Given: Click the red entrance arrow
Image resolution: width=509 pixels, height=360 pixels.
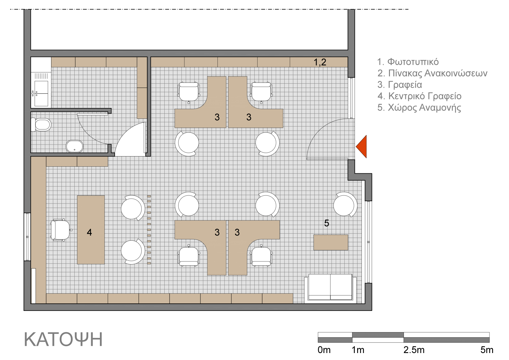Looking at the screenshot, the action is (x=362, y=147).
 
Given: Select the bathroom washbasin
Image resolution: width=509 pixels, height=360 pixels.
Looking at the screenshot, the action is (x=75, y=146).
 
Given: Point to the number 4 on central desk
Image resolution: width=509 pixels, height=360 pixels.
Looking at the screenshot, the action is (x=89, y=232).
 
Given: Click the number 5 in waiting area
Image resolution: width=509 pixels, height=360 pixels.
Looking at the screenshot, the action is (x=327, y=223).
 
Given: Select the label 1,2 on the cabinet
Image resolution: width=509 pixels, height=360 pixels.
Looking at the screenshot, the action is (x=320, y=62).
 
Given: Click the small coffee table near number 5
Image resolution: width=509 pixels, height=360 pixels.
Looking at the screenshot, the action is (x=331, y=242).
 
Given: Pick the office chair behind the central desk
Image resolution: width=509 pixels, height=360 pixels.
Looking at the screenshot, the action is (x=60, y=230).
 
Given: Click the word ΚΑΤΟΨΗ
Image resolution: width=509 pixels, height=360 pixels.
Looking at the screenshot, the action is (x=63, y=339).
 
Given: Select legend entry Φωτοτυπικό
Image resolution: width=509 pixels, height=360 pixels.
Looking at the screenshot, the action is (x=408, y=62).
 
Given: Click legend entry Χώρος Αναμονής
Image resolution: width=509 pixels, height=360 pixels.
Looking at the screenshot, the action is (x=419, y=108).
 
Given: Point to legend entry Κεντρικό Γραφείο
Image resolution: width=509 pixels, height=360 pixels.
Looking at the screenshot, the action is (x=419, y=96).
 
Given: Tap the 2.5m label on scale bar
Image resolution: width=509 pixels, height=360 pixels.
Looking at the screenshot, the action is (x=414, y=350).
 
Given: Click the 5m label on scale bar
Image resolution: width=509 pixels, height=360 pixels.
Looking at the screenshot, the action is (x=487, y=350).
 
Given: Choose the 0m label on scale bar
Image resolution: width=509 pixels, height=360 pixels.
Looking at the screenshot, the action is (x=324, y=350).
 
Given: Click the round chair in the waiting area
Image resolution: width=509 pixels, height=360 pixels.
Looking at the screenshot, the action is (x=345, y=205).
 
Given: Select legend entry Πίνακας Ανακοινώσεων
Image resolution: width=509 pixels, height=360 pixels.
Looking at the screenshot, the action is (x=432, y=73).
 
